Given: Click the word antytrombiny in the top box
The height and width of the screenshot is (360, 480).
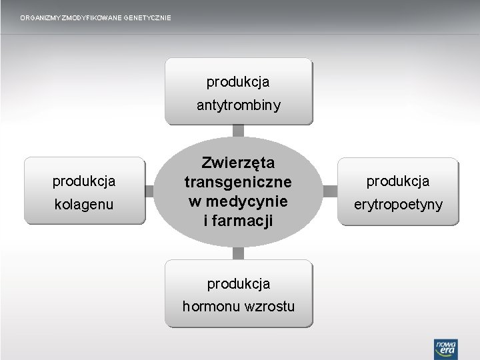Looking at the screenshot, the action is [x=238, y=105].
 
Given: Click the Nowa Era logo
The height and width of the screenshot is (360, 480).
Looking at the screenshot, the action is [x=444, y=347].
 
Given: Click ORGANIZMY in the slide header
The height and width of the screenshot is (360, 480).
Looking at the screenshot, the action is [x=39, y=17].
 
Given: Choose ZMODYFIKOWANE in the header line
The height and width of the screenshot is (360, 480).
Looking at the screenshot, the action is [x=89, y=17].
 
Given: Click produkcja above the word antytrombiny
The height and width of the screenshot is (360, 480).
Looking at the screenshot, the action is [x=238, y=82].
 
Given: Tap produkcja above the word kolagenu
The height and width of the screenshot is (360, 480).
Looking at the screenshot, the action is [x=84, y=181].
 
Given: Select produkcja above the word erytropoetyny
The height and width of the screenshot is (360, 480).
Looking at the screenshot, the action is [x=399, y=181].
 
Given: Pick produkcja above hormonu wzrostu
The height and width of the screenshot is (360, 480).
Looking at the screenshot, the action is [x=238, y=283].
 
